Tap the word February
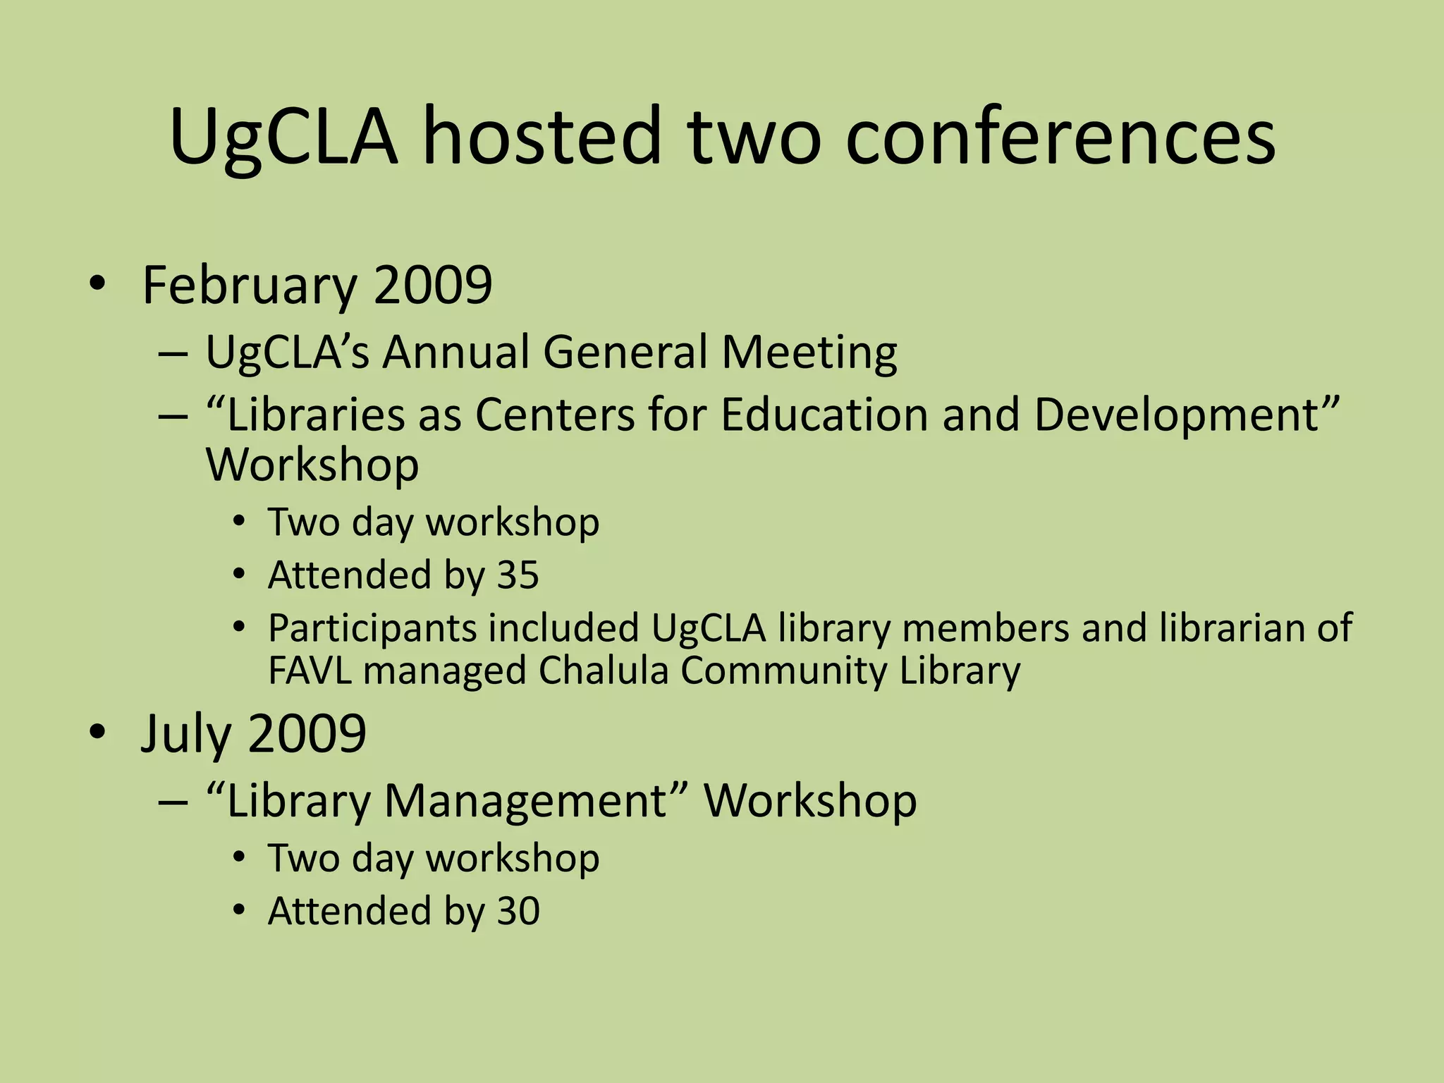click(x=250, y=286)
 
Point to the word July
click(x=185, y=735)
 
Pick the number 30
click(x=518, y=910)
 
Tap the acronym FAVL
click(x=310, y=670)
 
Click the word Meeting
click(x=809, y=352)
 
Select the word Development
click(x=1187, y=415)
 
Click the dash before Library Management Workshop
click(x=173, y=802)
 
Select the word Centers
click(x=555, y=415)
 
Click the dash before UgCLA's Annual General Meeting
click(x=173, y=353)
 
